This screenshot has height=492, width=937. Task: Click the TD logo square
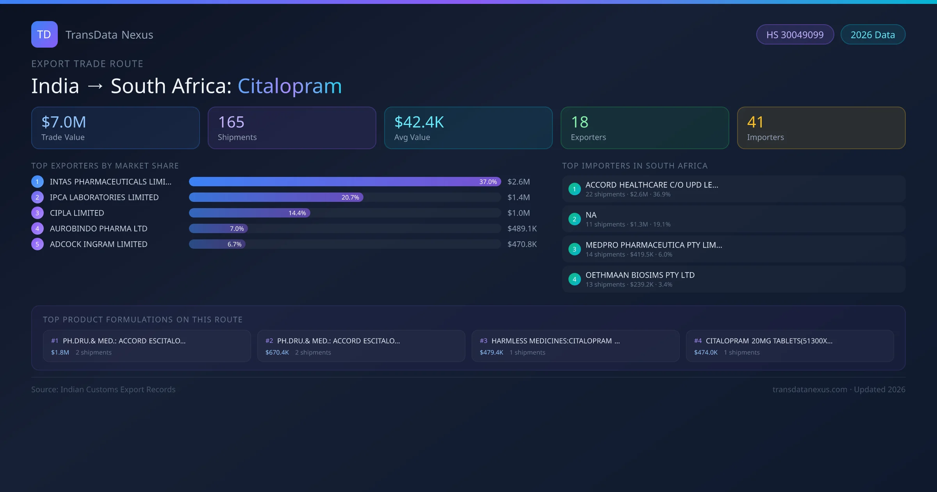click(45, 34)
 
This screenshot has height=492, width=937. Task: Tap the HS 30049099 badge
click(795, 35)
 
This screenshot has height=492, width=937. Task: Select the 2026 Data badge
click(873, 35)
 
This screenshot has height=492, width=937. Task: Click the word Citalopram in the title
click(290, 86)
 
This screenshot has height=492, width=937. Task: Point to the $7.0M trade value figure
click(64, 122)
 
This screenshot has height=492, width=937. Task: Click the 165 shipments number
click(231, 122)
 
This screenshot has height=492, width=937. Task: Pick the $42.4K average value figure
click(419, 122)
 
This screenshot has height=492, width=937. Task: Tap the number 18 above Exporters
click(579, 122)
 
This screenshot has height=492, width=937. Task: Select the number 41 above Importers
click(755, 122)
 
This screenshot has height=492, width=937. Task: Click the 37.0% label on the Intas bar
click(488, 182)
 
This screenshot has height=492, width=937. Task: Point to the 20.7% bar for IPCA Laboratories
click(276, 197)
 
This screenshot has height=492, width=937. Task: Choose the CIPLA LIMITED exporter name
click(77, 213)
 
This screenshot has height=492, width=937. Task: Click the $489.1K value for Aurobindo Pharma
click(522, 228)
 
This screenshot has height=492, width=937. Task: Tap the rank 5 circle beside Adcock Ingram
click(37, 244)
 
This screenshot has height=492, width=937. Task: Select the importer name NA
click(591, 215)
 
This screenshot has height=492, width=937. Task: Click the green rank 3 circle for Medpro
click(574, 249)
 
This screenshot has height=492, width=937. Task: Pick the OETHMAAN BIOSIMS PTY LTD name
click(640, 275)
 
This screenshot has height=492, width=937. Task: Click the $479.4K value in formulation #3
click(492, 352)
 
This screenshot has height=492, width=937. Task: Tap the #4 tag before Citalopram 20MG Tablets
click(698, 341)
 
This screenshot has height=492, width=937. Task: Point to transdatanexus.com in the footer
click(810, 389)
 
